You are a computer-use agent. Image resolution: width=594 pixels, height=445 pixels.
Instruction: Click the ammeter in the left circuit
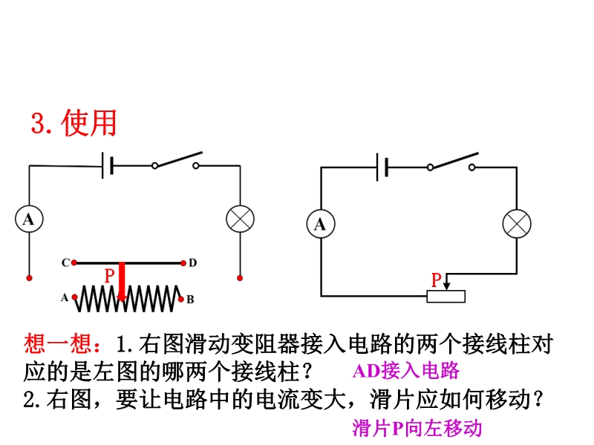(29, 219)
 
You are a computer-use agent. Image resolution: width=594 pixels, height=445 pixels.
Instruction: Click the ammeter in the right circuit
(321, 224)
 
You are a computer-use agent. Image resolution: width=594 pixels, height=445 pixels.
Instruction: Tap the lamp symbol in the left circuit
(240, 219)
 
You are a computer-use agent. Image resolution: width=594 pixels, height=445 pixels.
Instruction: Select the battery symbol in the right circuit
(382, 168)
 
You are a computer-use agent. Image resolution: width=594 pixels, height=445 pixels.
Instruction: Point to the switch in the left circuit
(176, 162)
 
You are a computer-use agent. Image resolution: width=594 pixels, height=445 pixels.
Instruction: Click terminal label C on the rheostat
(65, 263)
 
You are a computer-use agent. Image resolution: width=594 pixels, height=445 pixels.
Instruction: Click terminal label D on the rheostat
(192, 263)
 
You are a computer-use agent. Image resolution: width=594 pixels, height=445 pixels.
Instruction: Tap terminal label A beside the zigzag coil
(65, 298)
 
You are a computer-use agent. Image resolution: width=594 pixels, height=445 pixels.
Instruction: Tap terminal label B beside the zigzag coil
(190, 300)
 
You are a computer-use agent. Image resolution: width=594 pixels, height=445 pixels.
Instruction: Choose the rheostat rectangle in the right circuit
(446, 297)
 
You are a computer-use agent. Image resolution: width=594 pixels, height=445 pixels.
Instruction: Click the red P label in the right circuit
(437, 280)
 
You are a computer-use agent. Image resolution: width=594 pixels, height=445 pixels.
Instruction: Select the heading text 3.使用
(74, 123)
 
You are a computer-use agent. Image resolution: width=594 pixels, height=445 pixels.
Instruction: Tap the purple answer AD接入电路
(406, 371)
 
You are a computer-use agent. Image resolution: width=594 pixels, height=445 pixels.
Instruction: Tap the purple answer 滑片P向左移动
(417, 428)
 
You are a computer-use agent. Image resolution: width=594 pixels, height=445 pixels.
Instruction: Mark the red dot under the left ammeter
(29, 278)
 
